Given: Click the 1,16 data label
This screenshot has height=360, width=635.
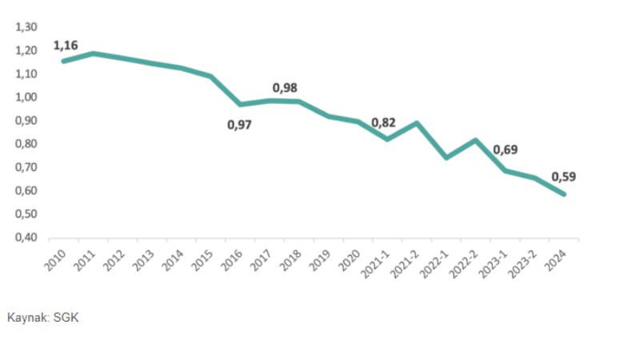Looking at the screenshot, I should [66, 46].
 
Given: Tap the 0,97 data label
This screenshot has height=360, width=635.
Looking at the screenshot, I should [239, 126].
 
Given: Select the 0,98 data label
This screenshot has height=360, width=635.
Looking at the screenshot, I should [285, 87].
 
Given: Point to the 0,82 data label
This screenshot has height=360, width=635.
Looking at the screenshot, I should [384, 122].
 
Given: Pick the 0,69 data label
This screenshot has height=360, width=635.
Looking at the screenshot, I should [505, 150].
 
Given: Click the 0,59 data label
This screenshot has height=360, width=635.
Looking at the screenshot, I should [564, 177].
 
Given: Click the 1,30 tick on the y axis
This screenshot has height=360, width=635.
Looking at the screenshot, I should [26, 27].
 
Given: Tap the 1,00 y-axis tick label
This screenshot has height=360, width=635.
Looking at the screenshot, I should [26, 98].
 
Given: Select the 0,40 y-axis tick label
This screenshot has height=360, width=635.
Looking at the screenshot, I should [26, 238].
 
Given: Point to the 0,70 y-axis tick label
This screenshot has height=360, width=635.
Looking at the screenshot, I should [26, 168].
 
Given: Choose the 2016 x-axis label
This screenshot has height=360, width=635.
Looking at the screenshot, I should [230, 258].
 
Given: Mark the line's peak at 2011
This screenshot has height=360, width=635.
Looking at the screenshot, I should [94, 54].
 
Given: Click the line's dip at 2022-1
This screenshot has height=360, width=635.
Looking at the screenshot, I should [446, 158].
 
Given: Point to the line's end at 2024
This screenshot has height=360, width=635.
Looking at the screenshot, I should [564, 194].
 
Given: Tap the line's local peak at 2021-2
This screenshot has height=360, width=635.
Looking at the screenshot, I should [417, 123].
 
